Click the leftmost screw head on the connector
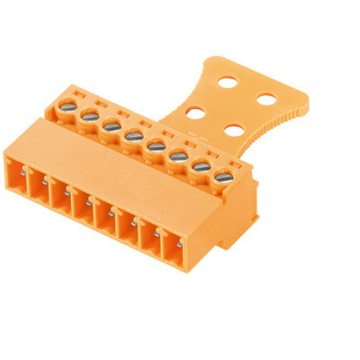[67, 108]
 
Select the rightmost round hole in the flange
[265, 97]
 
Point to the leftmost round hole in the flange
[193, 113]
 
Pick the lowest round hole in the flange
[232, 130]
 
